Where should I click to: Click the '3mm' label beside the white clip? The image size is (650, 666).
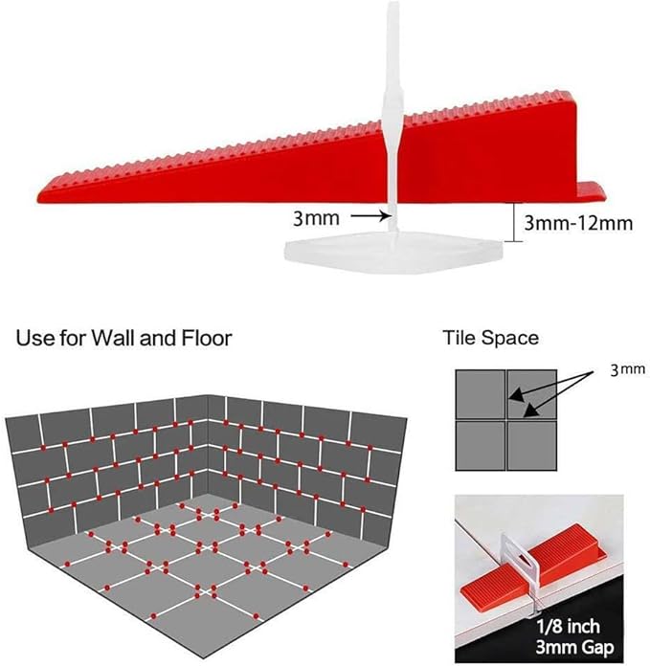[316, 218]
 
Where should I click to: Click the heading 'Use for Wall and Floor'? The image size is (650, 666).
[123, 337]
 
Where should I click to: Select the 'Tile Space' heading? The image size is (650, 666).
[490, 337]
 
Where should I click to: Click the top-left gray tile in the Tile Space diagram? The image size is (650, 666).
[481, 392]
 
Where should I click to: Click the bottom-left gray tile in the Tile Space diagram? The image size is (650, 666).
[481, 446]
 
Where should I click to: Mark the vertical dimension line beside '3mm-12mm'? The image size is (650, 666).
[516, 222]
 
